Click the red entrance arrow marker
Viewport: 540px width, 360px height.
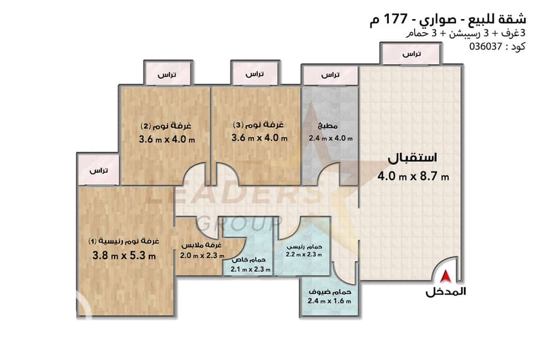point(446,276)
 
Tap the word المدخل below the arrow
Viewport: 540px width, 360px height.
point(446,292)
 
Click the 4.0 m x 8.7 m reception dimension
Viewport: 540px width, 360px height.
point(413,177)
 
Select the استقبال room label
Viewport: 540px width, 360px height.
point(412,158)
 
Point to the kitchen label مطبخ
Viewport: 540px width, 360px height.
point(328,127)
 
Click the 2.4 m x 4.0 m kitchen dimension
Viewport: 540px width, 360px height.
point(331,139)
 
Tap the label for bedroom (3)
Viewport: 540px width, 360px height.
point(258,125)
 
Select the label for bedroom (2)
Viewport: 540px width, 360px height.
point(166,126)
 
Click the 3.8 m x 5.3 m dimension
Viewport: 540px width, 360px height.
point(124,256)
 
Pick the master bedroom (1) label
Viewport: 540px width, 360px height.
point(124,241)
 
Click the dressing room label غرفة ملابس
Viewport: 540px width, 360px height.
point(201,245)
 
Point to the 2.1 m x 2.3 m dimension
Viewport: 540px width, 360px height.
point(250,269)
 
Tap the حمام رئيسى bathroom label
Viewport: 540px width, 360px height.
point(304,247)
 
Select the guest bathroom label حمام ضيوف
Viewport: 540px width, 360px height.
point(330,292)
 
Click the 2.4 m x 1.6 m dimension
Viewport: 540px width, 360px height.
point(329,301)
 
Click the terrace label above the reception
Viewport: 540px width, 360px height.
point(412,54)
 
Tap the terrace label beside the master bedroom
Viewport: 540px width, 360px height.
point(98,170)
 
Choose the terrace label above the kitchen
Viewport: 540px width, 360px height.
point(330,75)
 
